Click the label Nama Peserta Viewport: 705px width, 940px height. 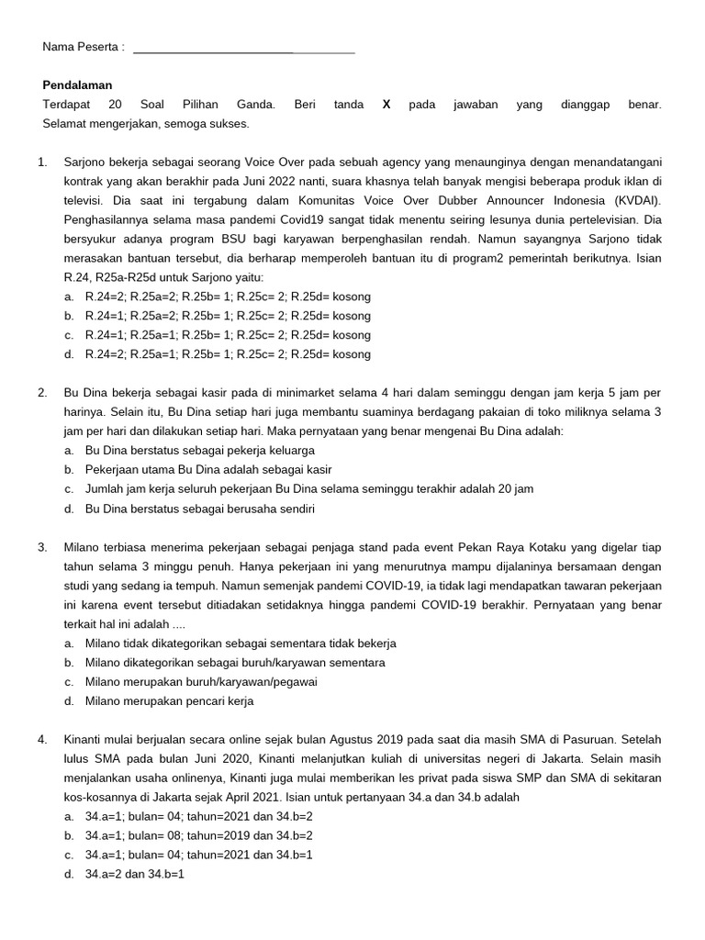[x=83, y=47]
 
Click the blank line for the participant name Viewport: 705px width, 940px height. [x=243, y=50]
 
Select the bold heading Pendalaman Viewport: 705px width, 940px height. [x=76, y=85]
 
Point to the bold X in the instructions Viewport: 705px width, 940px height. [x=386, y=105]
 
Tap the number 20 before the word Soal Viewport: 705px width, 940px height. [x=116, y=105]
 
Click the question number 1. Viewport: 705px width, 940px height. [x=42, y=162]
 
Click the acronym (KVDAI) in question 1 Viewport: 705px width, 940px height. [x=637, y=201]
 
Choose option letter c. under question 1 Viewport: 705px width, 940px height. [x=69, y=335]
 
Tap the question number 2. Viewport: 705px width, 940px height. [x=42, y=393]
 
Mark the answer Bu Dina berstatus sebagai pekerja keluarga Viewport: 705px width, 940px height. [x=199, y=451]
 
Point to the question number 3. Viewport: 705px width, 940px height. [x=42, y=547]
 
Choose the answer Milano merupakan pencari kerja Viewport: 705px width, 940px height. [x=169, y=700]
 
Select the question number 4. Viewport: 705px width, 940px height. [x=42, y=739]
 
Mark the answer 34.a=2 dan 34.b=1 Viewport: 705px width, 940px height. [x=134, y=874]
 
